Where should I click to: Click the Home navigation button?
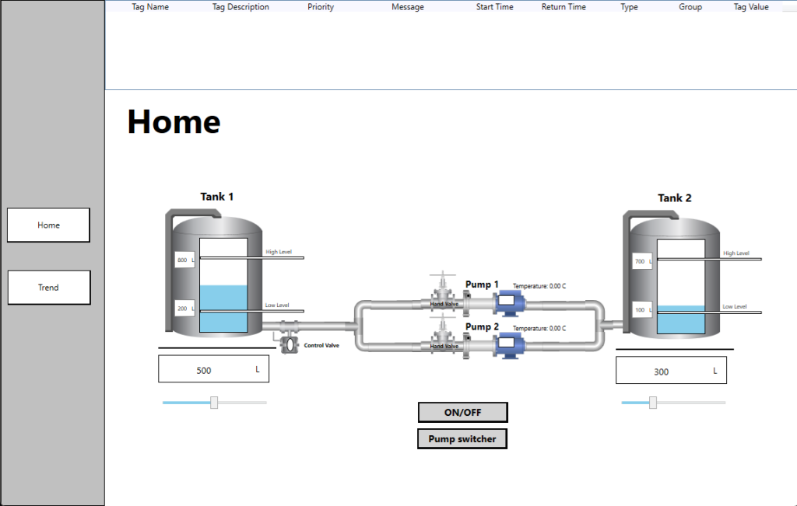click(48, 225)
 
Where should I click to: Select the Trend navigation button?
click(49, 288)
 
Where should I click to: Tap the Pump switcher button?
click(462, 439)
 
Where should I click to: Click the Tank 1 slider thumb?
click(214, 403)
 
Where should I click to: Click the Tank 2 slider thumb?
click(653, 403)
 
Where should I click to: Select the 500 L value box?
click(213, 369)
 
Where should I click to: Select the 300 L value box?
click(671, 371)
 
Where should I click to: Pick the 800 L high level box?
click(184, 260)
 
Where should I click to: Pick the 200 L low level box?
click(184, 309)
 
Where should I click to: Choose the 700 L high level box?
click(642, 262)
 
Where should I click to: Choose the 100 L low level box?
click(642, 310)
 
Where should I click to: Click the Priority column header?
click(321, 7)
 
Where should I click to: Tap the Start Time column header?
click(495, 7)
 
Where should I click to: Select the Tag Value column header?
click(751, 7)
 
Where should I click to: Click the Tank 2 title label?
click(675, 198)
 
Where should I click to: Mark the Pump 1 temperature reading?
click(539, 286)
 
